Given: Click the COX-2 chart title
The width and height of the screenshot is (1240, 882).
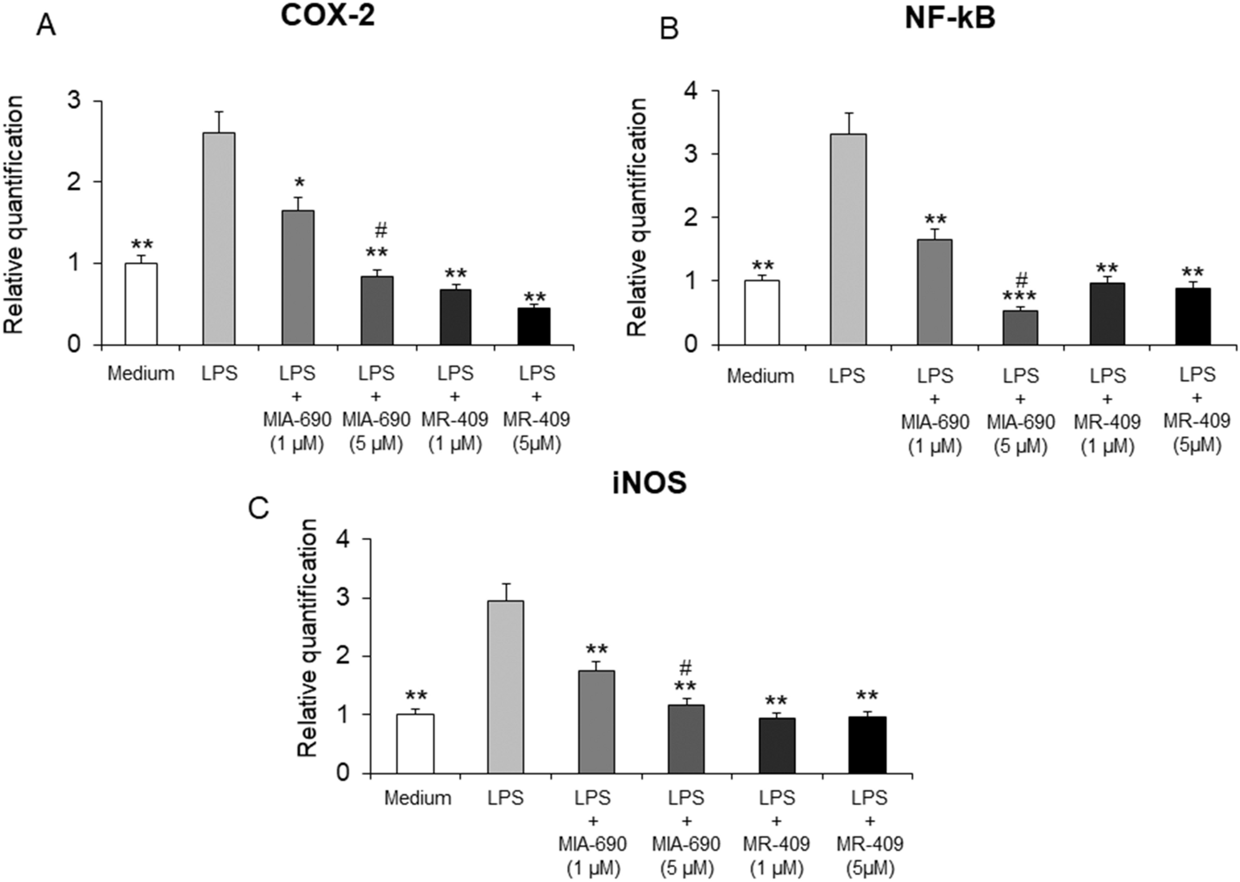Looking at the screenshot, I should [328, 15].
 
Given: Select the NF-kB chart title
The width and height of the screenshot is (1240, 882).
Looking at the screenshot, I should [950, 18].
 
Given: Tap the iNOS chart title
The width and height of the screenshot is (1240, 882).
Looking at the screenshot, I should [650, 484].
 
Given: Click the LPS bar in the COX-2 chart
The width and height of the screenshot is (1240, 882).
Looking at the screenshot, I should [219, 238].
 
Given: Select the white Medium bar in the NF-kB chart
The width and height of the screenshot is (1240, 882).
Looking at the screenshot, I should [762, 312].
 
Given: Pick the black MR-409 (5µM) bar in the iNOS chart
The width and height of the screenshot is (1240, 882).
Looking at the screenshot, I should [867, 744].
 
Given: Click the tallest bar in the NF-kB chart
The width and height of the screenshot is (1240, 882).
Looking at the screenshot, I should [848, 238].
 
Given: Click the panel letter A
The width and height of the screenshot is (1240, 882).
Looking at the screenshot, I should [46, 26].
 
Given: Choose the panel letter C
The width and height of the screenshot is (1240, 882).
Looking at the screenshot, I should [258, 509].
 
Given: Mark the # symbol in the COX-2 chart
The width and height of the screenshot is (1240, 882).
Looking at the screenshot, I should [381, 231].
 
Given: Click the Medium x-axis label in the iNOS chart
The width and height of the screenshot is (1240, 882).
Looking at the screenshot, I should [417, 798].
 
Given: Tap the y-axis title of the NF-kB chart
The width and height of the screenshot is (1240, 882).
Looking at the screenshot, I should [638, 217].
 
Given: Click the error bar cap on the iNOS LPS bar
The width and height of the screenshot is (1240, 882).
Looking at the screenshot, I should [506, 584].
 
